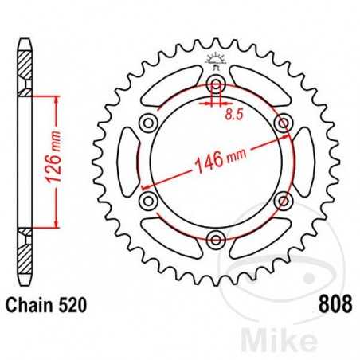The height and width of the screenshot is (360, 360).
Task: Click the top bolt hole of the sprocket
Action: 216,85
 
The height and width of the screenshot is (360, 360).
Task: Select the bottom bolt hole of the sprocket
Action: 216,237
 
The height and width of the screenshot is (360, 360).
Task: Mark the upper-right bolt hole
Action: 281,123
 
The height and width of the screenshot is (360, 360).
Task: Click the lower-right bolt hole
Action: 281,199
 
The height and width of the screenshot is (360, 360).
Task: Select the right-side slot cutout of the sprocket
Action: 303,161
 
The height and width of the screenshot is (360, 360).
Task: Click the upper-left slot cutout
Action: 173,87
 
